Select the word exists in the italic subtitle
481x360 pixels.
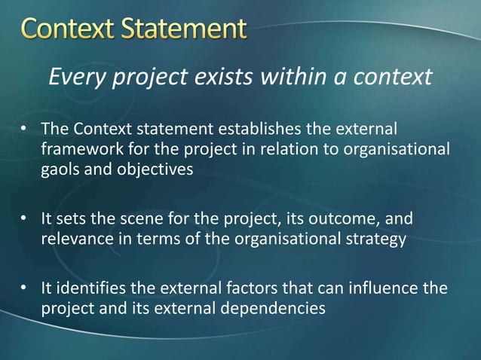pos(218,76)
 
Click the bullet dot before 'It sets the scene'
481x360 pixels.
pos(25,220)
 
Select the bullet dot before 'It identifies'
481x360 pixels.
pos(25,289)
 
